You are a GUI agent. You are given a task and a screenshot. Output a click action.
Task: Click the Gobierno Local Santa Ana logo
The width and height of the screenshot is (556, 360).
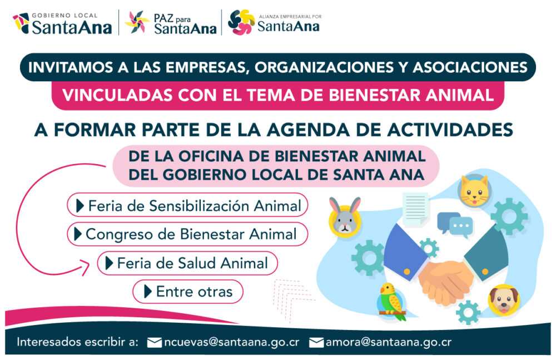[62, 23]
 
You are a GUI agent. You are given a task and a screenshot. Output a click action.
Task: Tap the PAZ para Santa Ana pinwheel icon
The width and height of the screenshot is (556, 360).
[137, 22]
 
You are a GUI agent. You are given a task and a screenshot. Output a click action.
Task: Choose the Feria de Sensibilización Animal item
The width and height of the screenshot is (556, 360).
[187, 205]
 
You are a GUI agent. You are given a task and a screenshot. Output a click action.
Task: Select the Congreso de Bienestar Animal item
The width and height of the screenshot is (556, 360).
[187, 234]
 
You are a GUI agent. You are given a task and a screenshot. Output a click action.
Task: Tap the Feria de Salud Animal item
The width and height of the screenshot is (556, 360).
[187, 263]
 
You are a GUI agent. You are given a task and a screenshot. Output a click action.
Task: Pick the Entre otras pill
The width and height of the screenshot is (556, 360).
[188, 292]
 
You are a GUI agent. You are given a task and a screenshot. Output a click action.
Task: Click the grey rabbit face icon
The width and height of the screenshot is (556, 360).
[345, 216]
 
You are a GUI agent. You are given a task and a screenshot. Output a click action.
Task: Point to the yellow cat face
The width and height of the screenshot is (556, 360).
[474, 191]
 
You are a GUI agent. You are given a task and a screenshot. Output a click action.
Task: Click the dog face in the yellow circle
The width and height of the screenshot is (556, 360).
[504, 300]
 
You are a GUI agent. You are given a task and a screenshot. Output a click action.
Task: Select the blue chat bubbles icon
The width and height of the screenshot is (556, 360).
[455, 224]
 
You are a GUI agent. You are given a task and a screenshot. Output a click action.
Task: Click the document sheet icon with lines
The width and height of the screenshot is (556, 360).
[415, 209]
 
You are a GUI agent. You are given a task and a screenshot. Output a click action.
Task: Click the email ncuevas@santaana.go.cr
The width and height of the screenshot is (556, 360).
[224, 342]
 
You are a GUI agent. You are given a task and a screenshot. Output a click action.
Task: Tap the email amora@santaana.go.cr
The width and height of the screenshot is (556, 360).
[380, 342]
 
